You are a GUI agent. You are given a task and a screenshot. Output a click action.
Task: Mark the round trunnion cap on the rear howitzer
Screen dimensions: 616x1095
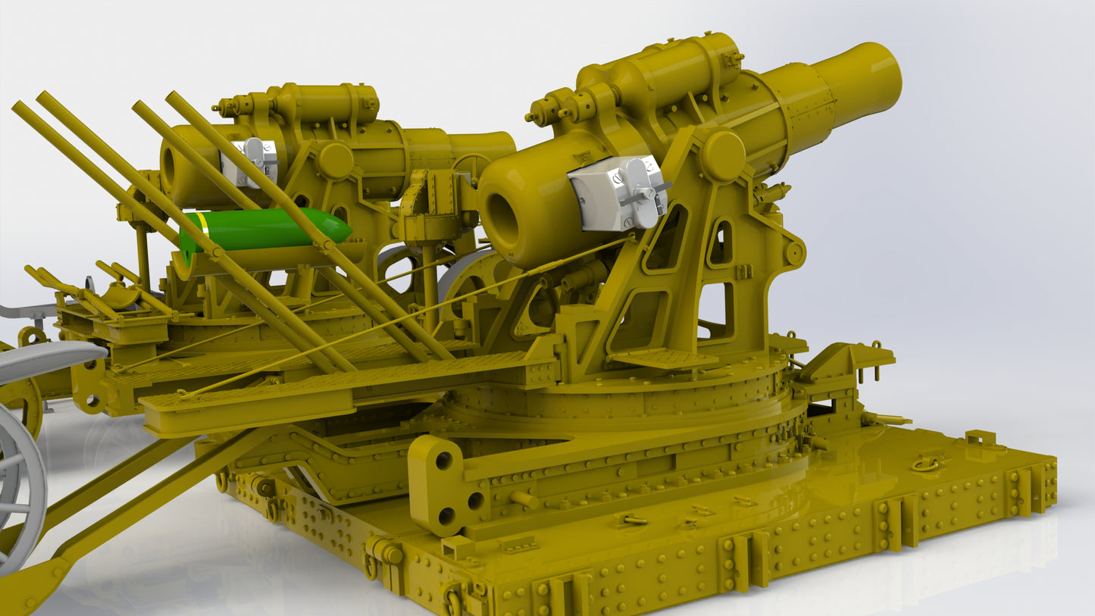334,160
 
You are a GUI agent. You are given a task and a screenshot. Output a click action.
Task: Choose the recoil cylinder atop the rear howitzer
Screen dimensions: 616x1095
326,102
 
